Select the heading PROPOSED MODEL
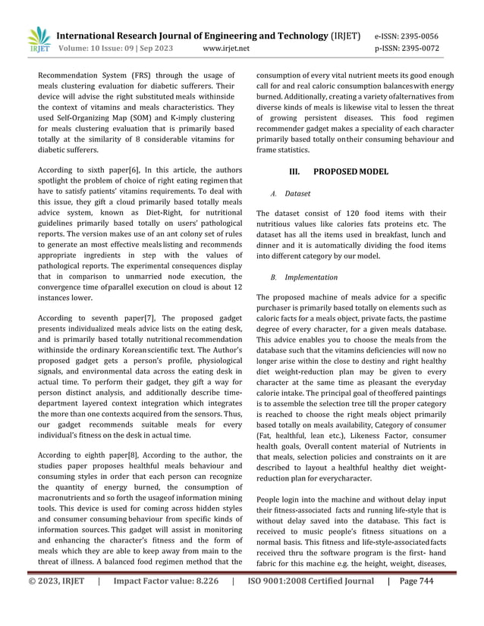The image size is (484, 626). (x=350, y=171)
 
